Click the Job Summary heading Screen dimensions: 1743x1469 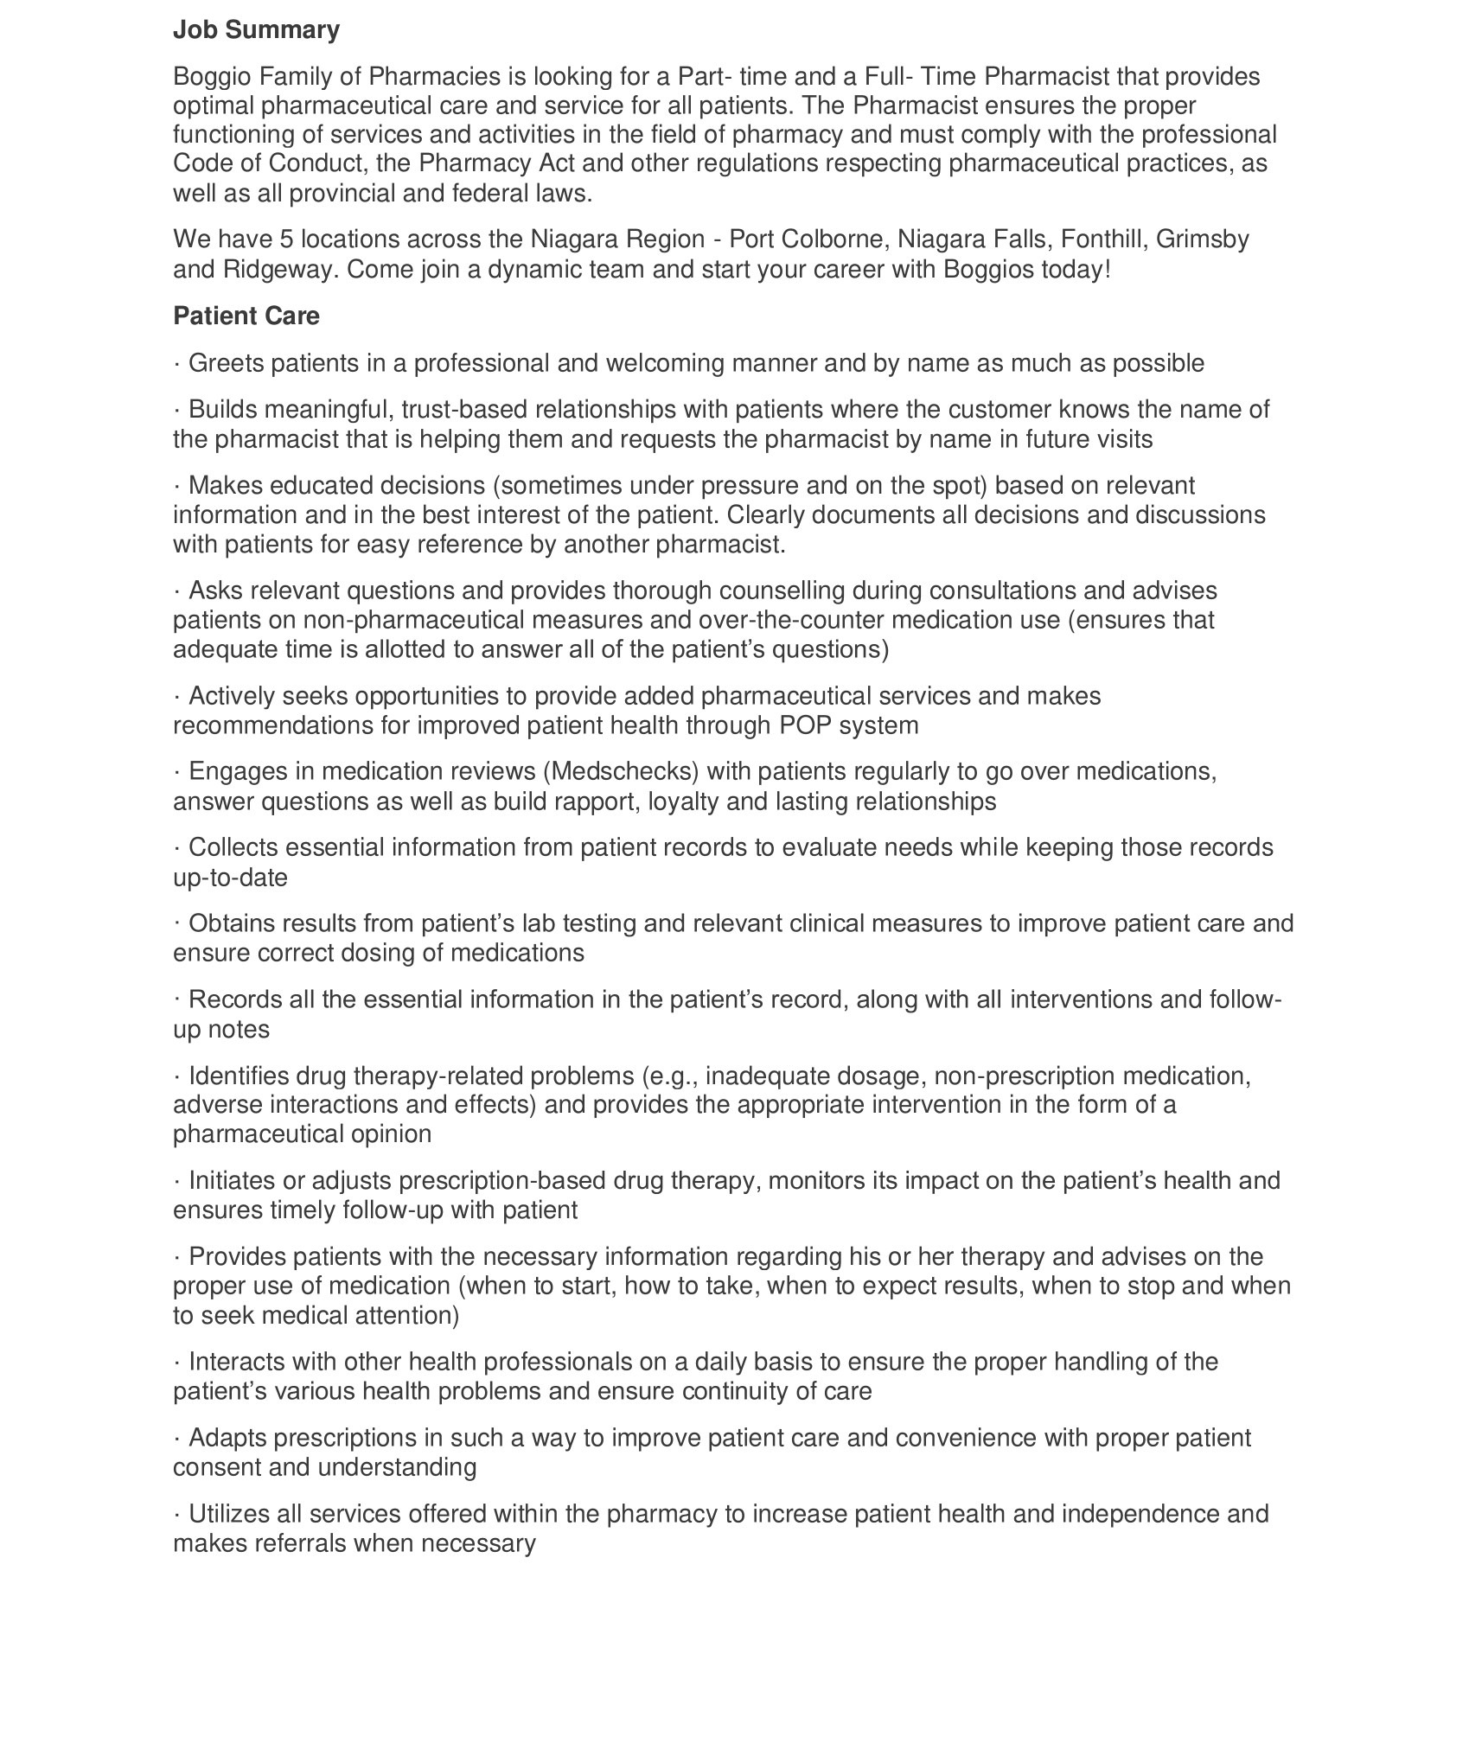256,30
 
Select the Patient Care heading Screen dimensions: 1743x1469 246,316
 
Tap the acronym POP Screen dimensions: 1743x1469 804,725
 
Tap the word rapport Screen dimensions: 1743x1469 566,801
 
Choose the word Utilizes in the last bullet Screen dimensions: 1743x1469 229,1514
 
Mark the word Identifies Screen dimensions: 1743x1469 239,1076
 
